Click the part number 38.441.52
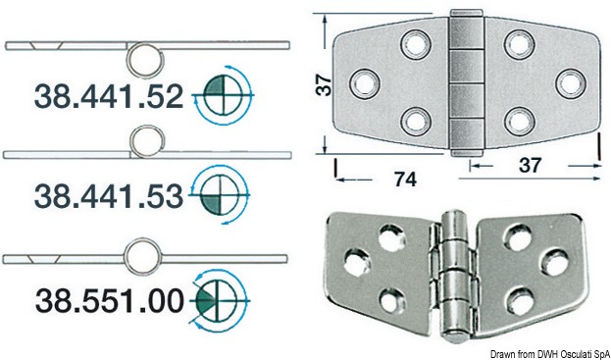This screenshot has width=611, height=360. tap(109, 97)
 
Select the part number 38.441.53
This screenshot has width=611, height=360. tap(109, 197)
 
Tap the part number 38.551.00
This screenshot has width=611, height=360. tap(110, 301)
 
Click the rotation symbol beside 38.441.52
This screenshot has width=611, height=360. tap(224, 95)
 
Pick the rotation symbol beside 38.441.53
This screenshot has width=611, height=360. tap(219, 194)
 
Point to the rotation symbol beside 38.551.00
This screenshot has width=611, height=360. tap(219, 300)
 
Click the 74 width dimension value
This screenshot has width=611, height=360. tap(406, 180)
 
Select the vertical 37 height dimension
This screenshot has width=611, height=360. tap(324, 85)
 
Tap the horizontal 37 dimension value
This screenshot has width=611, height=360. tap(531, 166)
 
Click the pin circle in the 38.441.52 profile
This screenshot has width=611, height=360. tap(146, 61)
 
